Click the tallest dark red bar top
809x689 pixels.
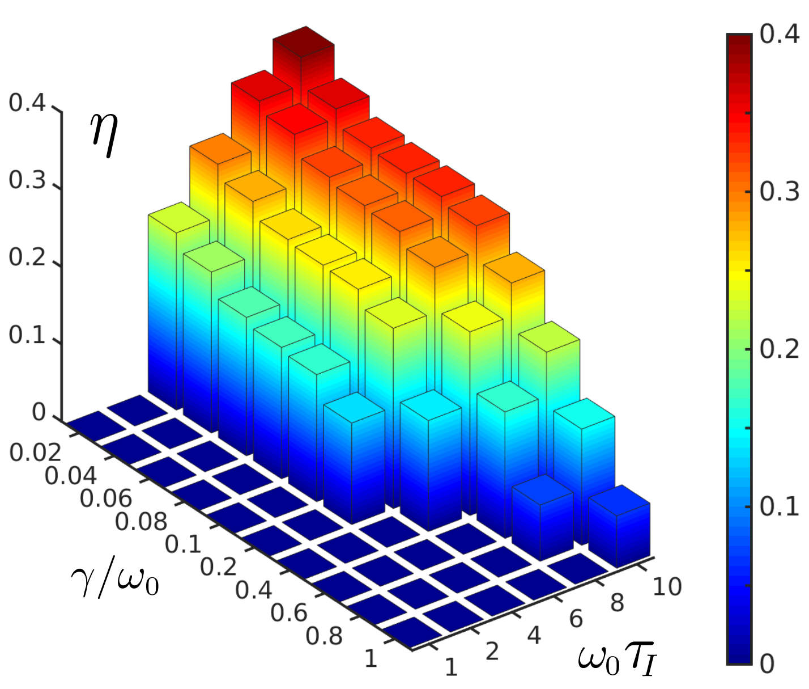click(x=304, y=42)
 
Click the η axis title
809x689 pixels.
click(x=104, y=134)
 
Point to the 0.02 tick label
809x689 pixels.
click(x=35, y=453)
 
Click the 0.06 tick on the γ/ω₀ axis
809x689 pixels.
click(x=106, y=498)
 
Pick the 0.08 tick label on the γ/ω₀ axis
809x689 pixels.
click(x=141, y=522)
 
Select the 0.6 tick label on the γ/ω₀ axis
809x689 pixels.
click(x=289, y=613)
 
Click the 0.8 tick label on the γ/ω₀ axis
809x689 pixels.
click(x=324, y=636)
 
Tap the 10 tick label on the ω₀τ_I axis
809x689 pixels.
click(x=667, y=587)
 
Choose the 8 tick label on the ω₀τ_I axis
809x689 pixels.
click(x=617, y=603)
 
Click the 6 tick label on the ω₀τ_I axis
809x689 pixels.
click(x=576, y=619)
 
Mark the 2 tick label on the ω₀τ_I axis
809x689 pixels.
click(x=492, y=652)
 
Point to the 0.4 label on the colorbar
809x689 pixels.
click(x=779, y=35)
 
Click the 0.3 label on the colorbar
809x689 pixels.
click(x=779, y=192)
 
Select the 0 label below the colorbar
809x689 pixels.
click(x=767, y=664)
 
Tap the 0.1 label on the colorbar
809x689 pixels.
click(x=779, y=507)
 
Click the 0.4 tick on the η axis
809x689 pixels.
click(x=27, y=103)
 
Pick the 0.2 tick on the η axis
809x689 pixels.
click(x=27, y=258)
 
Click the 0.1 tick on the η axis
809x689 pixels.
click(x=27, y=335)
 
